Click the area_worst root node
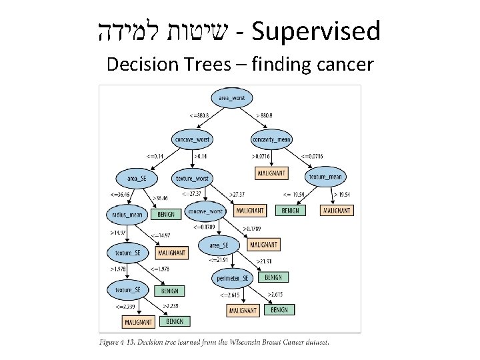[231, 98]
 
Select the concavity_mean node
[271, 139]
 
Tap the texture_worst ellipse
[192, 178]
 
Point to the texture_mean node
[325, 177]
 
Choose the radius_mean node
[127, 215]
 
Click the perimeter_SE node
[232, 278]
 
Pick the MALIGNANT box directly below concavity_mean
[271, 173]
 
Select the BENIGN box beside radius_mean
[166, 215]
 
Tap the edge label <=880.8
[199, 115]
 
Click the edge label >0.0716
[262, 157]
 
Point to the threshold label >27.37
[237, 194]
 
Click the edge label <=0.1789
[205, 227]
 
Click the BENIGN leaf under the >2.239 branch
[174, 321]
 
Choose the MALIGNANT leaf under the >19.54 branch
[337, 211]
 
